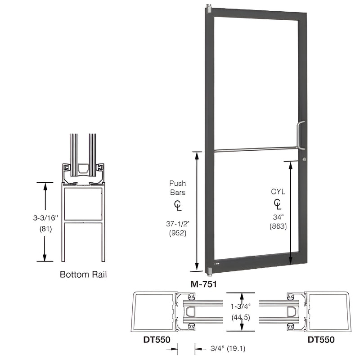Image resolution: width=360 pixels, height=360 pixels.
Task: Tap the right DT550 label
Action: pyautogui.click(x=321, y=340)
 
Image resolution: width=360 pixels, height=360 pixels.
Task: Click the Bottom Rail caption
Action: pyautogui.click(x=83, y=274)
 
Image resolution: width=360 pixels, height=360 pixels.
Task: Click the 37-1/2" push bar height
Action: pyautogui.click(x=177, y=224)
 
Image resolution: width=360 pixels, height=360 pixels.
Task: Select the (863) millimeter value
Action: pyautogui.click(x=278, y=227)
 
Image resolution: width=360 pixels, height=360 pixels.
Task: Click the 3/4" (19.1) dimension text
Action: pyautogui.click(x=225, y=347)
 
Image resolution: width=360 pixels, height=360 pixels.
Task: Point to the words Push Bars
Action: pyautogui.click(x=177, y=188)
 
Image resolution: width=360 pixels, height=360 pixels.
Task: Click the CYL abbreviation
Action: pyautogui.click(x=278, y=192)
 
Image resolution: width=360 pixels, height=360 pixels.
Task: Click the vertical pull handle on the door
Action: pyautogui.click(x=301, y=135)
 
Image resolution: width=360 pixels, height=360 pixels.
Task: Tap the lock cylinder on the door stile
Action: pyautogui.click(x=305, y=159)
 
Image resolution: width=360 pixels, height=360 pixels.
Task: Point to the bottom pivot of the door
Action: pyautogui.click(x=208, y=271)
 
